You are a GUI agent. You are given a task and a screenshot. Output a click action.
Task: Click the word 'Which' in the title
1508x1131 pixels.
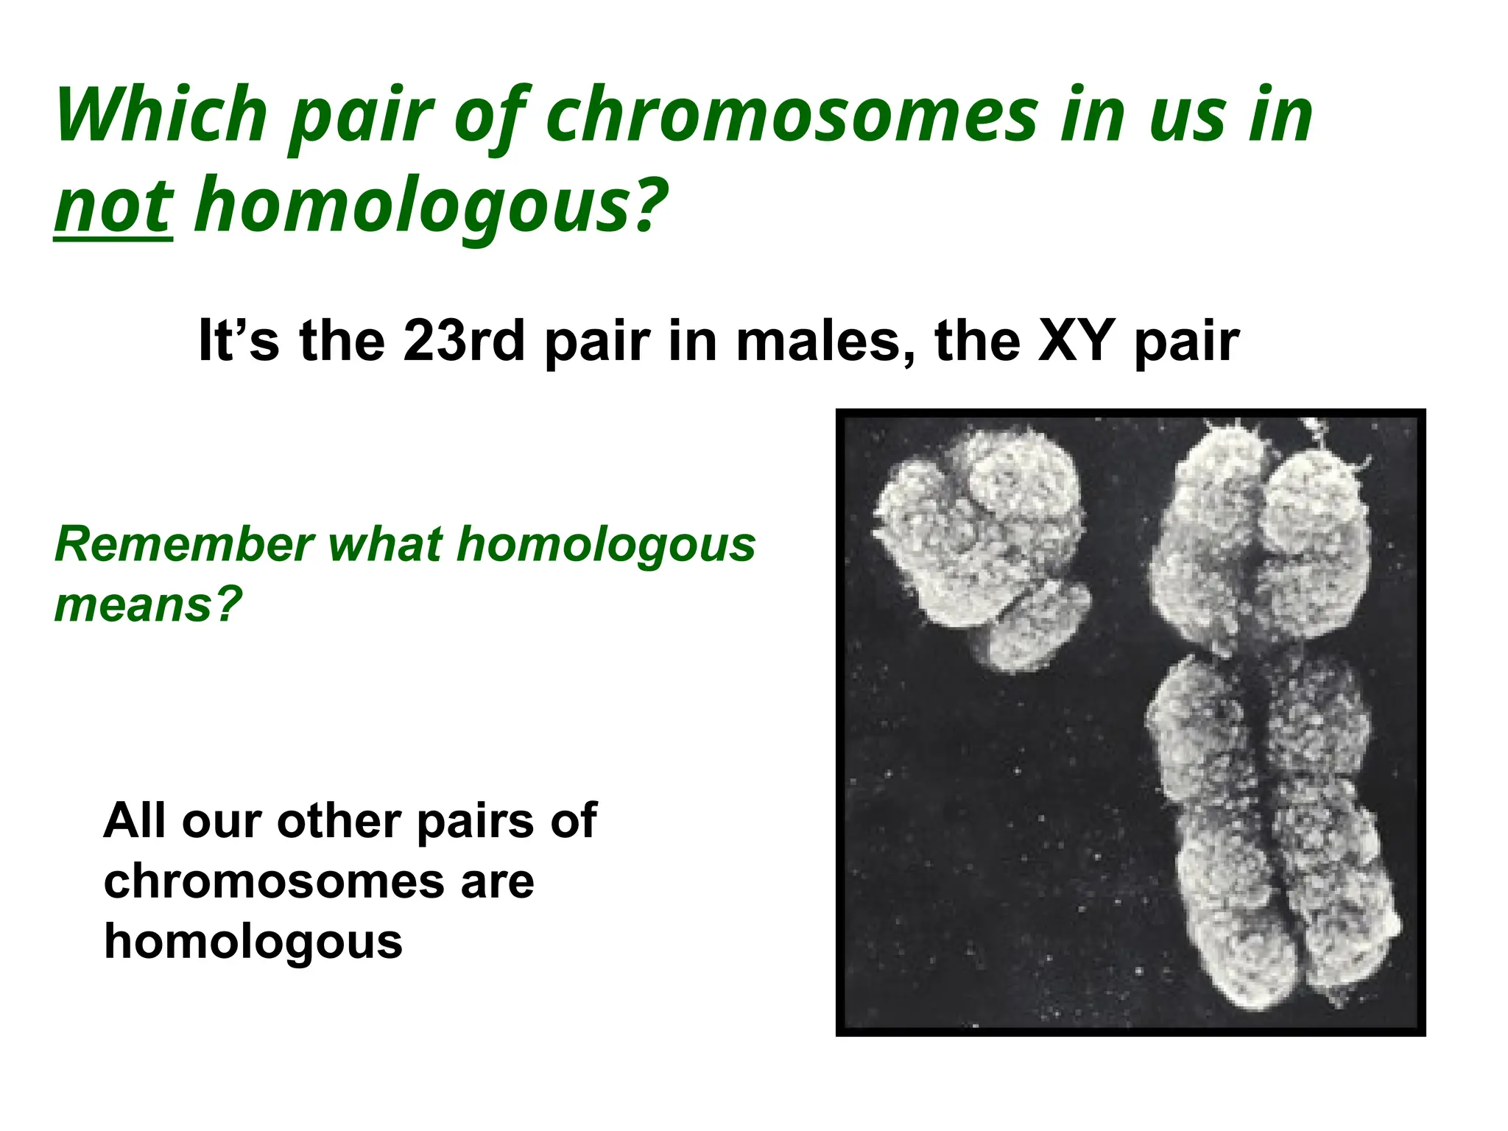[x=161, y=116]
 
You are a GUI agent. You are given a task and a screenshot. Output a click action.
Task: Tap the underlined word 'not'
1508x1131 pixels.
[x=113, y=205]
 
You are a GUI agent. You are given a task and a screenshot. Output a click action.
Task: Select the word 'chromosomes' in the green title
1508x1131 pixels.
[x=791, y=116]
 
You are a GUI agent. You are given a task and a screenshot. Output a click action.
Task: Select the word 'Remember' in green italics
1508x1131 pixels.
[x=184, y=545]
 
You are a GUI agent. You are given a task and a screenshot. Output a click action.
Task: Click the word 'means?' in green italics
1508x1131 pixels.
[x=148, y=605]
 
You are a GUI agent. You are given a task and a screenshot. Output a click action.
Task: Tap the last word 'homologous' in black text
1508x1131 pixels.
[x=253, y=942]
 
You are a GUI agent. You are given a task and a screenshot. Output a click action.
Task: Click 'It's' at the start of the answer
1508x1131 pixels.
[x=239, y=341]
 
